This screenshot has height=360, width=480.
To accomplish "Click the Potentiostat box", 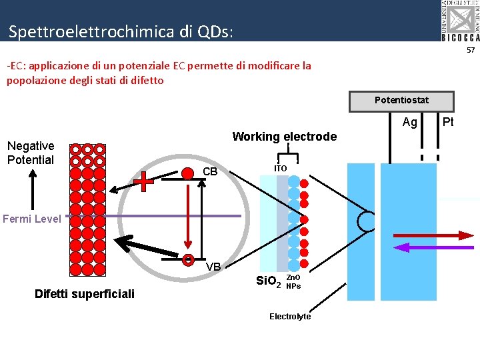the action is click(401, 101).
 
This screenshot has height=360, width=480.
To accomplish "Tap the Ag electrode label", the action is click(410, 122).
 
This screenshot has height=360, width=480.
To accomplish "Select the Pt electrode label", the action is click(448, 121).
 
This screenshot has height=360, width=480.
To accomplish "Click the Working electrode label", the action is click(284, 137).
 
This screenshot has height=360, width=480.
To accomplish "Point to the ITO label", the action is click(281, 169).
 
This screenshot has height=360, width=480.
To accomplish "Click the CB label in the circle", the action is click(210, 172).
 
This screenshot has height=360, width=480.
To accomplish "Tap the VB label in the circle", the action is click(213, 267).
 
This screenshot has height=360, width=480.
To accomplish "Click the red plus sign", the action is click(143, 180).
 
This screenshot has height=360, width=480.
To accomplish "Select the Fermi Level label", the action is click(31, 219).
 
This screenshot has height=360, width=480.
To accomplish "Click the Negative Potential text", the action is click(31, 153).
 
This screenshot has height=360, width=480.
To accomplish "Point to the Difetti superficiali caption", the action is click(85, 294).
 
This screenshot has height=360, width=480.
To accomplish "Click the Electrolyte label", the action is click(290, 317).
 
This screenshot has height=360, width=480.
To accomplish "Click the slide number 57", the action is click(470, 50).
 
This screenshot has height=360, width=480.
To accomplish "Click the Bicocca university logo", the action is click(460, 21).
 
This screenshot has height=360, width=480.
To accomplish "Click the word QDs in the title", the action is click(213, 31).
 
